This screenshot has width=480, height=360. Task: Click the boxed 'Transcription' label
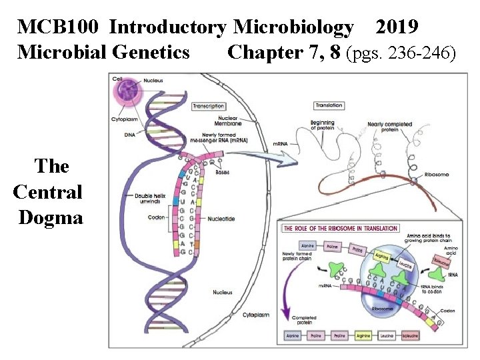(x=209, y=106)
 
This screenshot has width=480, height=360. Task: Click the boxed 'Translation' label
(x=329, y=105)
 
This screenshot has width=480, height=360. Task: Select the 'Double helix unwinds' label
(x=151, y=198)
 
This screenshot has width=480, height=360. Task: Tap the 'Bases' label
(x=222, y=173)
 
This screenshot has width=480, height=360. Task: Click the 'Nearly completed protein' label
(x=389, y=127)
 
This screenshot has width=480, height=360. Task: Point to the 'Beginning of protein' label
(x=322, y=125)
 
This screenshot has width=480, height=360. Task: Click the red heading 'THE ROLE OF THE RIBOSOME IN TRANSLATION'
(x=341, y=229)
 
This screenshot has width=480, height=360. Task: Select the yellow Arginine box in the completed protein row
(x=363, y=336)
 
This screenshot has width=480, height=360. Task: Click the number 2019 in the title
(x=397, y=27)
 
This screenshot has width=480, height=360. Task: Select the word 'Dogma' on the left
(x=51, y=218)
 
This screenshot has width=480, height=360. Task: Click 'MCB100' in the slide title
(x=59, y=27)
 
